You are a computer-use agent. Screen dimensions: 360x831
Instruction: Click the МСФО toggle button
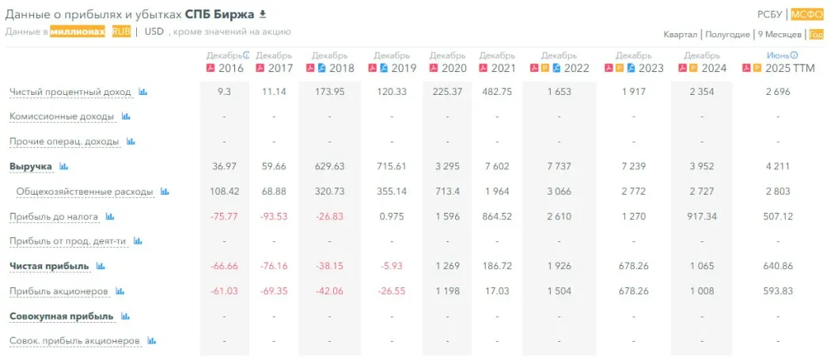[x=807, y=14]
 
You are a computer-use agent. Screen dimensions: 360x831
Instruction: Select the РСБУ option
[x=769, y=14]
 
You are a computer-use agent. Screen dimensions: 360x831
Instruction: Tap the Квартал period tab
[x=681, y=34]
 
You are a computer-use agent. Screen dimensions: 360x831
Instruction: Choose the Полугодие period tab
[x=727, y=34]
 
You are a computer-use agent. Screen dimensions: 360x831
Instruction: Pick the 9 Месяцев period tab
[x=779, y=34]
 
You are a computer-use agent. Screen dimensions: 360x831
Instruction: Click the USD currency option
[x=154, y=32]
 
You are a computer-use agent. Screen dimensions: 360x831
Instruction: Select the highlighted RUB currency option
[x=121, y=32]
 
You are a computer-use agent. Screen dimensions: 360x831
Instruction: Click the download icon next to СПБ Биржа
[x=263, y=14]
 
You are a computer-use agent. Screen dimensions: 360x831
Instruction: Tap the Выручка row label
[x=31, y=166]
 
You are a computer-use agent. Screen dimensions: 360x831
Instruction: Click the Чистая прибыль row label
[x=49, y=266]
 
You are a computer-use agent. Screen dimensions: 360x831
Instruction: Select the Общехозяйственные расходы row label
[x=85, y=191]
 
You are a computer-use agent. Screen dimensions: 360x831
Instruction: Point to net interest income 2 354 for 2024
[x=701, y=92]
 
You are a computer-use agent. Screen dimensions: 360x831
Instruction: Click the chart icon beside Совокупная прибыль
[x=126, y=316]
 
